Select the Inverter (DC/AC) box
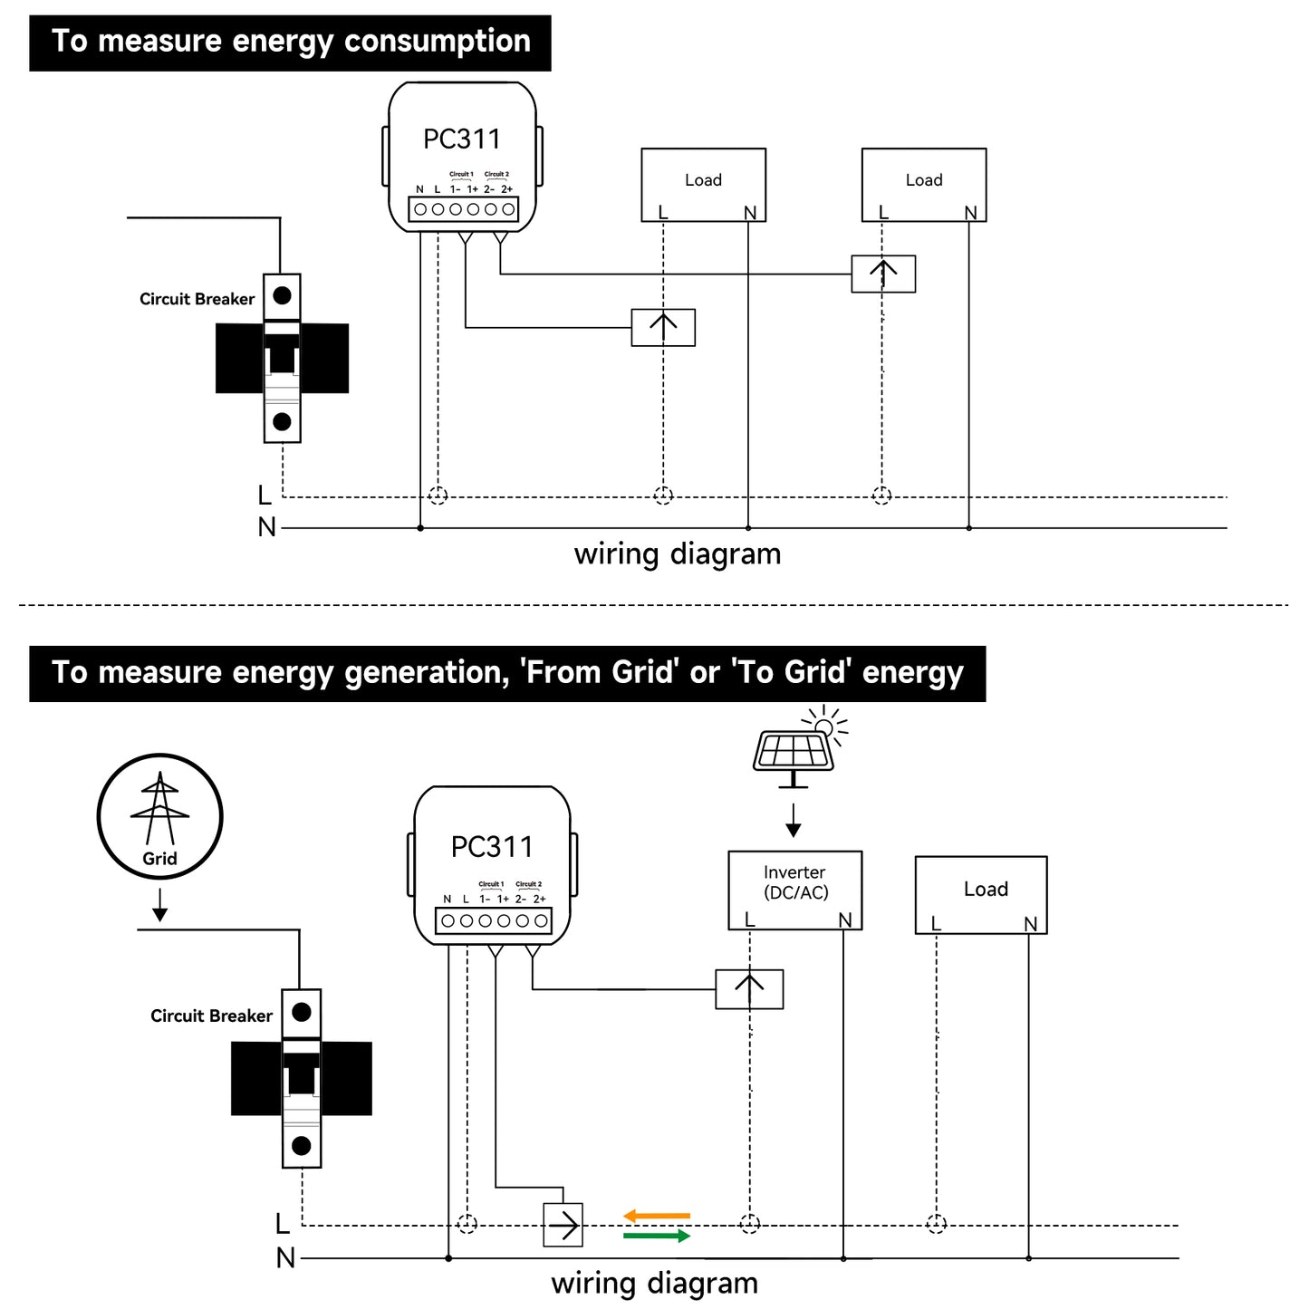pyautogui.click(x=794, y=890)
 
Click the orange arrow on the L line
pyautogui.click(x=657, y=1216)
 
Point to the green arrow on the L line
pyautogui.click(x=657, y=1236)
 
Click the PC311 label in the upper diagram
pyautogui.click(x=462, y=140)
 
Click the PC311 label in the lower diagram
pyautogui.click(x=492, y=847)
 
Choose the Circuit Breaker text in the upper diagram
pyautogui.click(x=197, y=299)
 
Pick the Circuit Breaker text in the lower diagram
pyautogui.click(x=211, y=1015)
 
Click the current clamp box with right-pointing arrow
pyautogui.click(x=563, y=1226)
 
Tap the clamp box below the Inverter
pyautogui.click(x=749, y=989)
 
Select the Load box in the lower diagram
pyautogui.click(x=981, y=894)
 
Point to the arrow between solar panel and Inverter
pyautogui.click(x=794, y=820)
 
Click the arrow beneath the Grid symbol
pyautogui.click(x=160, y=904)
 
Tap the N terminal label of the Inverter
pyautogui.click(x=845, y=919)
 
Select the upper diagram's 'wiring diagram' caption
pyautogui.click(x=678, y=553)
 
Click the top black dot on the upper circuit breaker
pyautogui.click(x=282, y=295)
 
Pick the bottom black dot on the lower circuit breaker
pyautogui.click(x=302, y=1146)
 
